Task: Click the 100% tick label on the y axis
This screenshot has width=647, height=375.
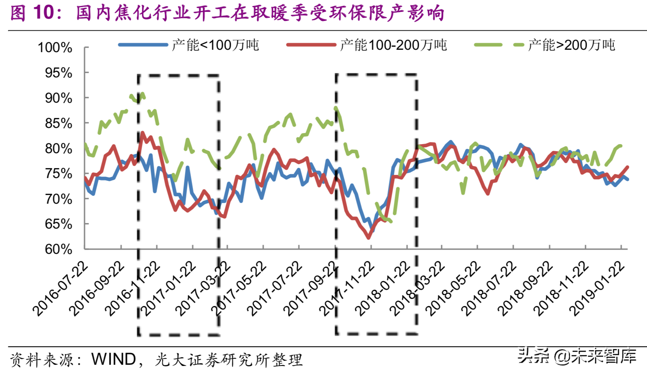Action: [x=55, y=48]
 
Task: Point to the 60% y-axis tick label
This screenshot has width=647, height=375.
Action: [x=58, y=249]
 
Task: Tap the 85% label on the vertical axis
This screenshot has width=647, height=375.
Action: [x=58, y=124]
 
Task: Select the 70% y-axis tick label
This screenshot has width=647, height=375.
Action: [x=58, y=199]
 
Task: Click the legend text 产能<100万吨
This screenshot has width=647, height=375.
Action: [x=216, y=45]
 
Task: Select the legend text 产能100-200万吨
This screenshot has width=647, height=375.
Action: [x=393, y=45]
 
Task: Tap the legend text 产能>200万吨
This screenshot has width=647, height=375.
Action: [x=572, y=45]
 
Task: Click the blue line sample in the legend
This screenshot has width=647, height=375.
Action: [x=143, y=45]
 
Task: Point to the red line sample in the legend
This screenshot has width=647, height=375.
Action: [x=311, y=45]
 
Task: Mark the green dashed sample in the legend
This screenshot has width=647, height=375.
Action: [x=499, y=45]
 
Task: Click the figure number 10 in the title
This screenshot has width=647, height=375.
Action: [x=43, y=13]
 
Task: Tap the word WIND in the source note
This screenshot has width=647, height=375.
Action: [x=114, y=359]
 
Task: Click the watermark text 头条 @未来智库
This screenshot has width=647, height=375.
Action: [x=577, y=356]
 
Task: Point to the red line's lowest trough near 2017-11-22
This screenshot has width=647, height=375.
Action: [x=369, y=238]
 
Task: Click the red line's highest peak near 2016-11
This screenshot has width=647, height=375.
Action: [x=142, y=133]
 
